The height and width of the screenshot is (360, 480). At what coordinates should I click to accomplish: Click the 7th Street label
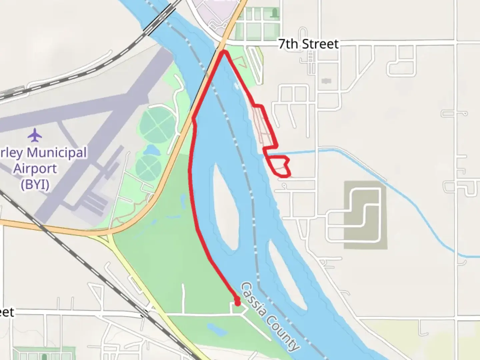[308, 44]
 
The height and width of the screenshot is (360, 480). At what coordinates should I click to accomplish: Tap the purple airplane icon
[35, 135]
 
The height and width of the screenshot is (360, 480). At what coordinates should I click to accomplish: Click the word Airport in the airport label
[35, 169]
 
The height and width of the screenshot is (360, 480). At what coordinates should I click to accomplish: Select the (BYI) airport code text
[35, 184]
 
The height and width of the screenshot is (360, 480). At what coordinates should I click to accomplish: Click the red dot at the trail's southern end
[237, 303]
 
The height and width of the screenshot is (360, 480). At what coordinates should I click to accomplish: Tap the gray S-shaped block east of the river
[365, 215]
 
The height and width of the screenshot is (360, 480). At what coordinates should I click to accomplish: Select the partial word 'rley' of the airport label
[11, 153]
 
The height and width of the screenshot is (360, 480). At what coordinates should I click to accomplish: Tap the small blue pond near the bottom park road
[214, 328]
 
